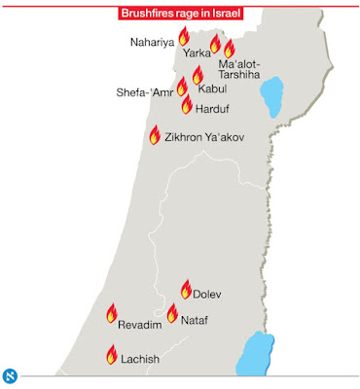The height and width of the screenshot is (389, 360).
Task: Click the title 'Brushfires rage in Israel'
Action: click(x=180, y=14)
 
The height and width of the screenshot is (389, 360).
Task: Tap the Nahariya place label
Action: click(x=152, y=43)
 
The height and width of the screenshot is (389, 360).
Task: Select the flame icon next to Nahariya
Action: click(x=182, y=38)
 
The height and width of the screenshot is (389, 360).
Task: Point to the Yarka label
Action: click(x=198, y=54)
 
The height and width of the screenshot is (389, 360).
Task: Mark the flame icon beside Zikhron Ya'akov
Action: click(x=154, y=136)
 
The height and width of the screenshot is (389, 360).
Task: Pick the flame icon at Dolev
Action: click(x=186, y=289)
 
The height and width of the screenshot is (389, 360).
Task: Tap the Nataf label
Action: click(x=195, y=319)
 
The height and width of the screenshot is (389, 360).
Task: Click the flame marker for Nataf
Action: click(x=172, y=314)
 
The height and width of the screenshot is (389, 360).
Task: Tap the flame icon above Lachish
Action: click(x=111, y=356)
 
